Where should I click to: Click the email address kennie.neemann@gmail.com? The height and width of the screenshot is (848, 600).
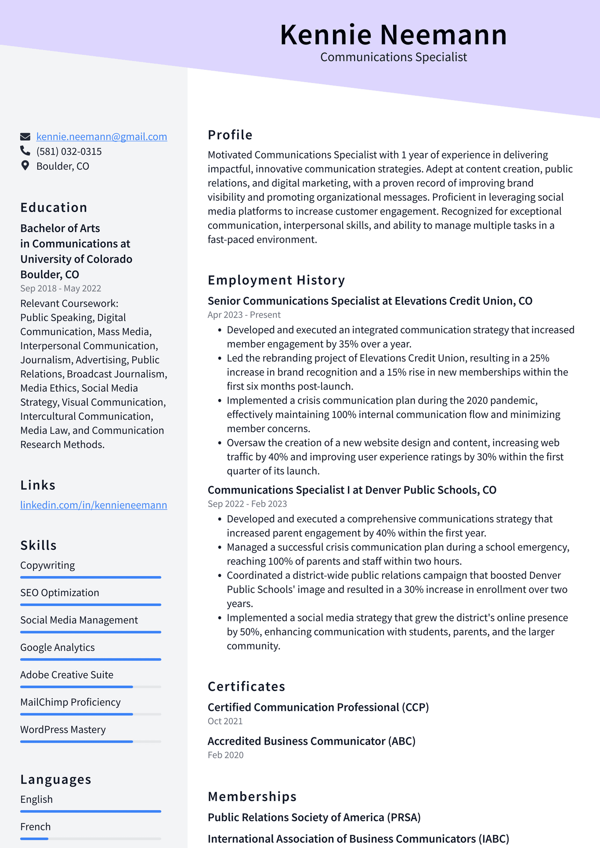(101, 137)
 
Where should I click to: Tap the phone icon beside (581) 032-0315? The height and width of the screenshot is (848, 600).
(25, 151)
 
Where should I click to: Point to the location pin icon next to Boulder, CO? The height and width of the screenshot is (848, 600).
(25, 166)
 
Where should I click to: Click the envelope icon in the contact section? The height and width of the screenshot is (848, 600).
(25, 137)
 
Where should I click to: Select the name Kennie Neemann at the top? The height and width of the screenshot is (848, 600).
(393, 35)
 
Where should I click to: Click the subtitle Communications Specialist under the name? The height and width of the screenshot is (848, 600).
(393, 57)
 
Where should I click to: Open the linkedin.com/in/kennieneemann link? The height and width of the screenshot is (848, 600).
(94, 505)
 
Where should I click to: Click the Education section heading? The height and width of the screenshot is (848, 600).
(54, 207)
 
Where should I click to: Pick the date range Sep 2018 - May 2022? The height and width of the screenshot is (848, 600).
(61, 289)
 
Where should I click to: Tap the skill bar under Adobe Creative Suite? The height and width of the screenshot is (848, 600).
(90, 686)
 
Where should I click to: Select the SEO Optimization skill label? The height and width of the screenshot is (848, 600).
(60, 593)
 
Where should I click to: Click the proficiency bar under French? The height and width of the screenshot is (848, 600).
(90, 838)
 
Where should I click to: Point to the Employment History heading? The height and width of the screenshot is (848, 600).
(276, 280)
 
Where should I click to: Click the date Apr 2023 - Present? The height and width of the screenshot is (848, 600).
(244, 315)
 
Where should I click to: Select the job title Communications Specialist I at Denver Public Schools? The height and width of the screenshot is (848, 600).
(351, 490)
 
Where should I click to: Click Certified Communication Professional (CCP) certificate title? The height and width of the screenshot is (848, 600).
(318, 707)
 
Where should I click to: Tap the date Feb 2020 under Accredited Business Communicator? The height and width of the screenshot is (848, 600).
(225, 755)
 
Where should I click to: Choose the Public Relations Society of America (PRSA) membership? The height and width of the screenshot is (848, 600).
(314, 817)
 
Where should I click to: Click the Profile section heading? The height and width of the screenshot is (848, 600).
(230, 135)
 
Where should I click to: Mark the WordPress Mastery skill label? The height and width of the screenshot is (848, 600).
(63, 729)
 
